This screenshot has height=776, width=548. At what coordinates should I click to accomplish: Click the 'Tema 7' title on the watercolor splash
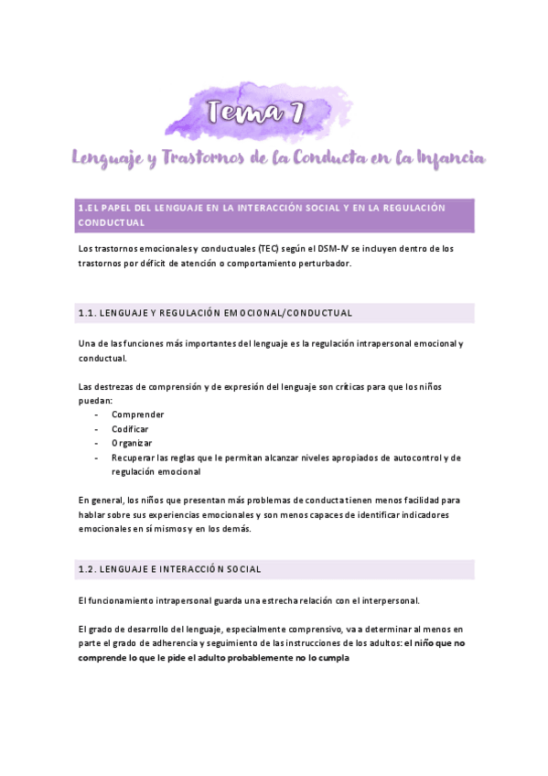pyautogui.click(x=255, y=113)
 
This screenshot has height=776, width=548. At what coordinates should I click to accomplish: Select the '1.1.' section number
pyautogui.click(x=88, y=313)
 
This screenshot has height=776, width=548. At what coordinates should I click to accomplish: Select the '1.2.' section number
pyautogui.click(x=88, y=569)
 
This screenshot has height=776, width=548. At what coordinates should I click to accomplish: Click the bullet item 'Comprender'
pyautogui.click(x=138, y=415)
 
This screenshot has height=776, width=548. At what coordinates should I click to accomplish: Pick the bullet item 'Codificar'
pyautogui.click(x=130, y=428)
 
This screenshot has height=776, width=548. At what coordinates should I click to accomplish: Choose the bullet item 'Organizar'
pyautogui.click(x=132, y=443)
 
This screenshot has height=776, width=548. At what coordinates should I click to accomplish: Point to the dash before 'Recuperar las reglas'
pyautogui.click(x=97, y=458)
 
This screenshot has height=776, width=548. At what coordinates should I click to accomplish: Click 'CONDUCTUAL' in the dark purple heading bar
pyautogui.click(x=113, y=223)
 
